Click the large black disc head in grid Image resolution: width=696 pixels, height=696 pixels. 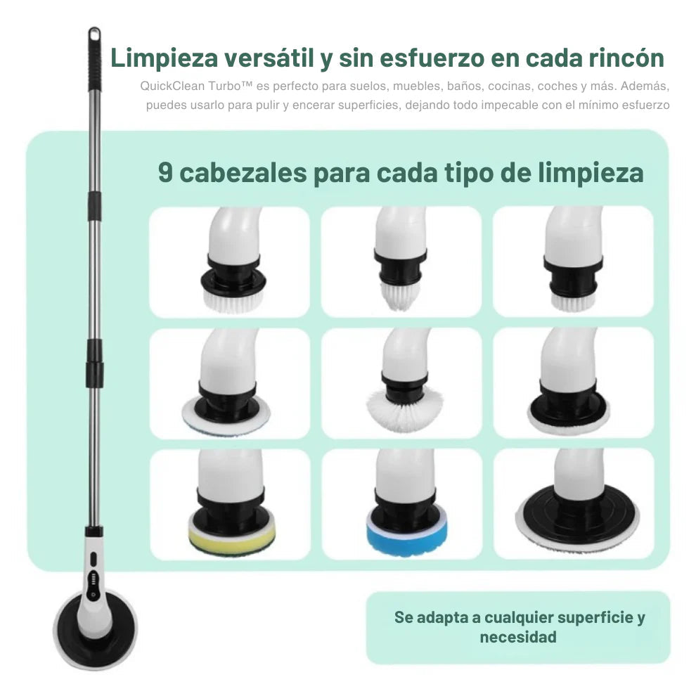click(577, 517)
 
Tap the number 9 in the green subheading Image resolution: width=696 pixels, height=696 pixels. click(166, 173)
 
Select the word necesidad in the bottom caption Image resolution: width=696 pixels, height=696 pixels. click(518, 638)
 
